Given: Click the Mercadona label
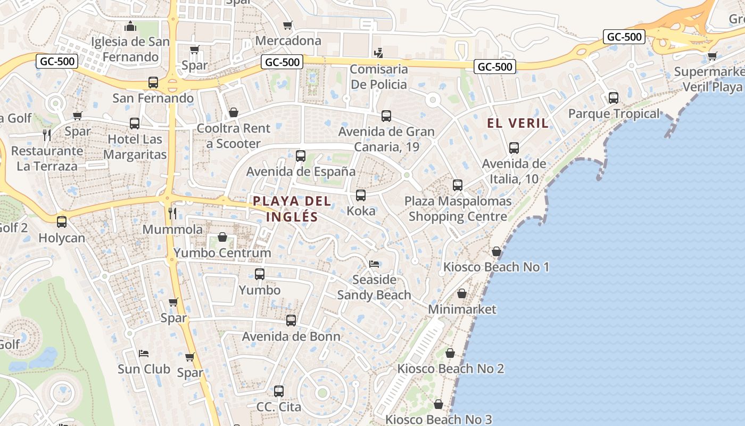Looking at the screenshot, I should coord(288,40).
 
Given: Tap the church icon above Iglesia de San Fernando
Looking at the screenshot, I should coord(130,26).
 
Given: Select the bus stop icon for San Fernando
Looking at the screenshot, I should coord(153,83).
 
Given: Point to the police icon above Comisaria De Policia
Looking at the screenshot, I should coord(379,53).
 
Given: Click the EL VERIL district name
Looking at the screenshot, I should coord(518,123).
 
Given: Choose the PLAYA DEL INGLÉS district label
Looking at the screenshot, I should coord(292,209).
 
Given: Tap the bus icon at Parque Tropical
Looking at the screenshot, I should coord(614,98).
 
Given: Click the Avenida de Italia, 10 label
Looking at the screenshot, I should coord(514,171).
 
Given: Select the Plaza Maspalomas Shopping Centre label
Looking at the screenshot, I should coord(458,209).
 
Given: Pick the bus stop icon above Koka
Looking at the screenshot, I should coord(361,195).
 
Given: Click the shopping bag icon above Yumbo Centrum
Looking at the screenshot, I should coord(222,237).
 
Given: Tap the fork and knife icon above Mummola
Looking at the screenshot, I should coord(172,214).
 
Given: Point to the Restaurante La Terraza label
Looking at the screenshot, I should coord(47,158).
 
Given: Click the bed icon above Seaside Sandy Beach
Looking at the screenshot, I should coord(374,264).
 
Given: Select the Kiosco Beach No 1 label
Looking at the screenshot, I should coord(496,267).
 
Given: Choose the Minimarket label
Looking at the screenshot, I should coord(462,309).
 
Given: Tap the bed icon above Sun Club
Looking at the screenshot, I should coord(144,353).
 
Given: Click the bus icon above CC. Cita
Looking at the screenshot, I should coord(279,391).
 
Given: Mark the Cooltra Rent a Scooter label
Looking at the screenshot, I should coord(234,136).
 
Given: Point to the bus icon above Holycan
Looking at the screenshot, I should coord(62,222).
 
